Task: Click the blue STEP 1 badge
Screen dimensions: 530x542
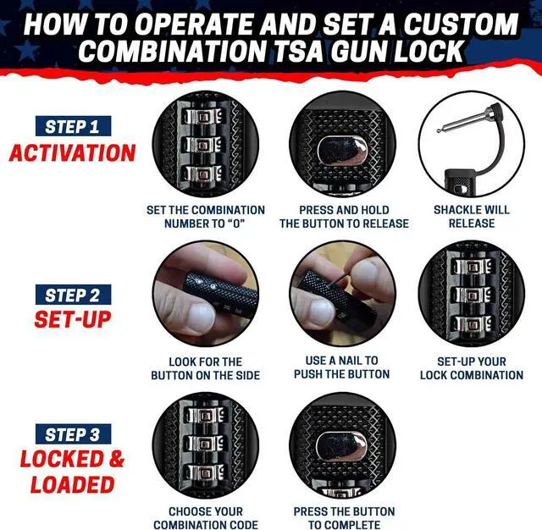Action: [x=72, y=127]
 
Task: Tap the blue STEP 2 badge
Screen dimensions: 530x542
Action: [x=72, y=295]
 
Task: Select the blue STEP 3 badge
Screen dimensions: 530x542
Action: [x=72, y=434]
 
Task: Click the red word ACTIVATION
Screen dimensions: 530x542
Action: [x=72, y=153]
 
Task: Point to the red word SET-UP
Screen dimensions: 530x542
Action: [x=72, y=320]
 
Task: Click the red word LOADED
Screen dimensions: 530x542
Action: [x=72, y=485]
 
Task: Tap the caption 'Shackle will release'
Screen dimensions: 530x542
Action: [x=471, y=217]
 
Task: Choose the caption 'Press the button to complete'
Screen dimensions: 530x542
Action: [x=344, y=518]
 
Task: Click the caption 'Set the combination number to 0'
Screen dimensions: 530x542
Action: [x=205, y=217]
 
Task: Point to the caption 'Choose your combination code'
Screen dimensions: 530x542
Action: [x=205, y=518]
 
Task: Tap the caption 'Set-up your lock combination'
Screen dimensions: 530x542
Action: [x=471, y=367]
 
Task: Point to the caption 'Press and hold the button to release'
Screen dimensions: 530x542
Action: [x=344, y=217]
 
